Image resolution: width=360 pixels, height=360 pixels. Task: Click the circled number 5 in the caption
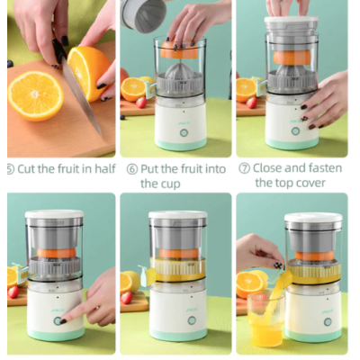10,167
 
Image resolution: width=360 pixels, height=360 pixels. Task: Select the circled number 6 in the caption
130,167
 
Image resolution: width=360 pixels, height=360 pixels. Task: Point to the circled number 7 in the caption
244,167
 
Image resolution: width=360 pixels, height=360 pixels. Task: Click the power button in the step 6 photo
184,131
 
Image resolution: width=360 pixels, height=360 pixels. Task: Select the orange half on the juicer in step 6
176,52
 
